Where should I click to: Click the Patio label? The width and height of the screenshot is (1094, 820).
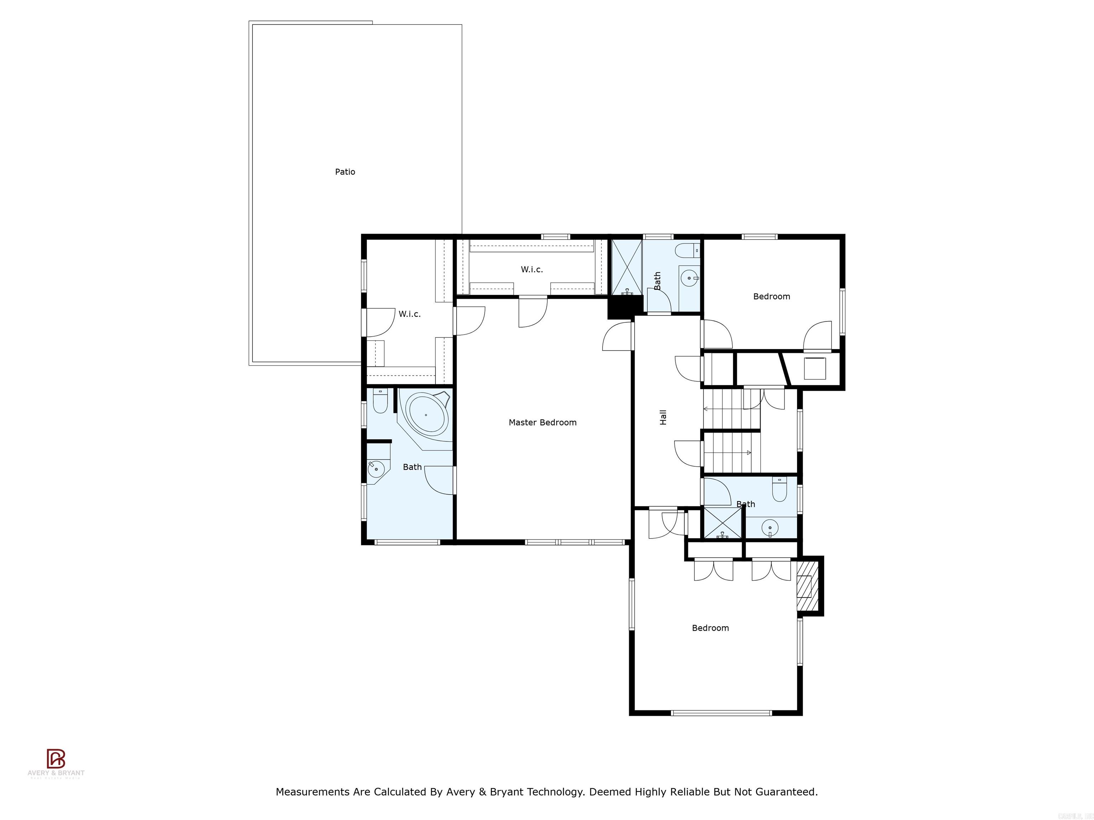345,172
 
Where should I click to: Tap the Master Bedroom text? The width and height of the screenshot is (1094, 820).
543,422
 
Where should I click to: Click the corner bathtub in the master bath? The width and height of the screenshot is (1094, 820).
426,414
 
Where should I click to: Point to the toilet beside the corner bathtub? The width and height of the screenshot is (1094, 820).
380,402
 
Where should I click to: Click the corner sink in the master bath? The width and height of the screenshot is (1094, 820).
376,467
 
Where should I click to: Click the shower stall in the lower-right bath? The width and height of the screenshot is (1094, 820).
723,523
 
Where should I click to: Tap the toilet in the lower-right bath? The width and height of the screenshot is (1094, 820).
780,490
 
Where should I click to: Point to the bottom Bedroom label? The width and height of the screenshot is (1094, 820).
710,628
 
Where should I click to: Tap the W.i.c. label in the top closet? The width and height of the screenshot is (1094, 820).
532,269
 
